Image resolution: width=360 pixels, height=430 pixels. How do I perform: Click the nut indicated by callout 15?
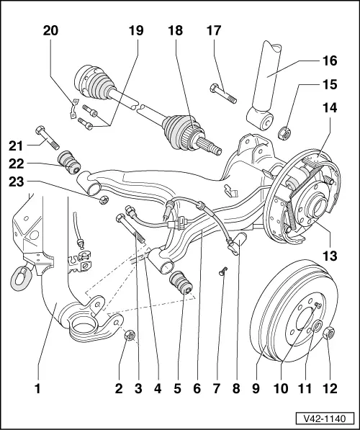284,132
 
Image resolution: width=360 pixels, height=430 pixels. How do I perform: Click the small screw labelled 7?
223,271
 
